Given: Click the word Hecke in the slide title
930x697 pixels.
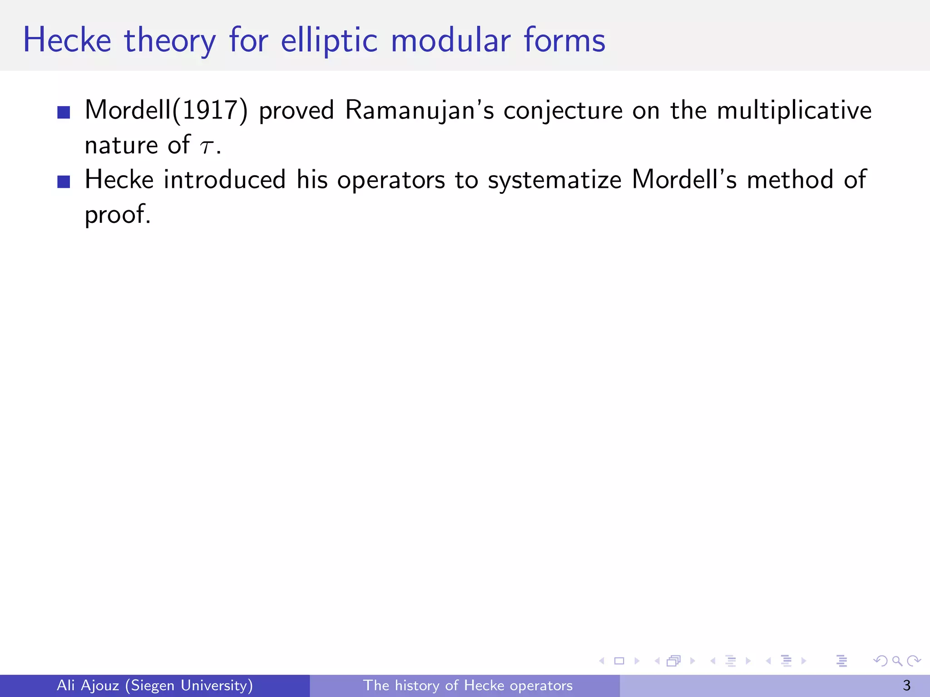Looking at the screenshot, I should [67, 40].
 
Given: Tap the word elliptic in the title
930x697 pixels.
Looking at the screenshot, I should [329, 40].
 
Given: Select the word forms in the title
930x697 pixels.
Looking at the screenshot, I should [564, 40].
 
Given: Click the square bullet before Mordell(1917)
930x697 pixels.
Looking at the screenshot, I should [64, 112].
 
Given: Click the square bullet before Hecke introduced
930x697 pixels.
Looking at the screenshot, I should [64, 182].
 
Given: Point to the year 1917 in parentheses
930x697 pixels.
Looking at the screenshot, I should [210, 110].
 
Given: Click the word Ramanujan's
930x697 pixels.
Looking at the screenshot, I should [419, 110].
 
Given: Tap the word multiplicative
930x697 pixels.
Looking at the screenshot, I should [794, 110].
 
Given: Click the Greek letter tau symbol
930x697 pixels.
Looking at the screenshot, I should [206, 146].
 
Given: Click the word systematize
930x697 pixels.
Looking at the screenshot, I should [554, 180].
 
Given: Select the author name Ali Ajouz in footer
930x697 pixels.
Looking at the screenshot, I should [88, 685].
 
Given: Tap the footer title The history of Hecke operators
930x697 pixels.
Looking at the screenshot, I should [467, 685].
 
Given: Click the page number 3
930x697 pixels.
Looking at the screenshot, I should [906, 685].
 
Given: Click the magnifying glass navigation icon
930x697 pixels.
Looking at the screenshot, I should [897, 661].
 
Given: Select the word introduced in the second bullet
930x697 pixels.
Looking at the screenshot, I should [224, 179].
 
